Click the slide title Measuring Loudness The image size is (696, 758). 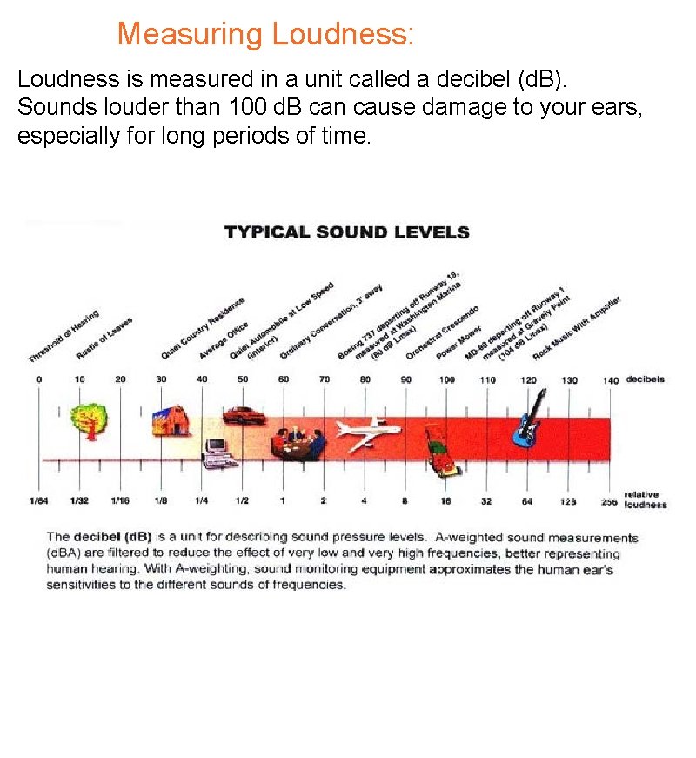[x=265, y=35]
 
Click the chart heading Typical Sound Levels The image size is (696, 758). [x=346, y=232]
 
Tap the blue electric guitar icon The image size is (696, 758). [x=528, y=418]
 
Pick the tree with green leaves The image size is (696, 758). [x=88, y=419]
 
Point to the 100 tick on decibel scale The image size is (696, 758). [x=446, y=380]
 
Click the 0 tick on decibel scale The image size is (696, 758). [x=38, y=379]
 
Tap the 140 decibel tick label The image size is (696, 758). [x=610, y=380]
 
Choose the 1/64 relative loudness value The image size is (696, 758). [x=38, y=501]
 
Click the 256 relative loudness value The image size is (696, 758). [x=608, y=502]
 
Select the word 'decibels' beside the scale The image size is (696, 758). [x=646, y=379]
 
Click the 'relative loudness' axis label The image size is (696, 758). [x=645, y=500]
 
